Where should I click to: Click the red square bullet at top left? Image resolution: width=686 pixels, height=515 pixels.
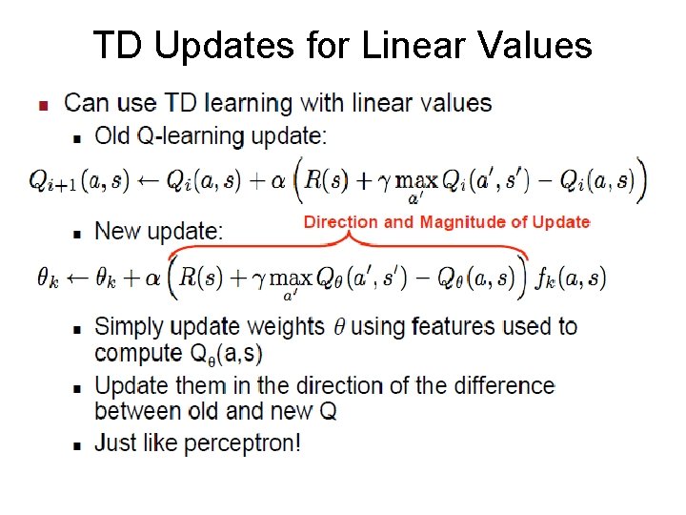41,105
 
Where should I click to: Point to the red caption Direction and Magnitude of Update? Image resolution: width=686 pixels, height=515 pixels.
447,222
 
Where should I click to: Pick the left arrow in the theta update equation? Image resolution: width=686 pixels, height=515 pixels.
78,278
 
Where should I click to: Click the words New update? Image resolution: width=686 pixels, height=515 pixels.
159,231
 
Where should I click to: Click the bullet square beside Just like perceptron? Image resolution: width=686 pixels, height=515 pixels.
77,445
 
